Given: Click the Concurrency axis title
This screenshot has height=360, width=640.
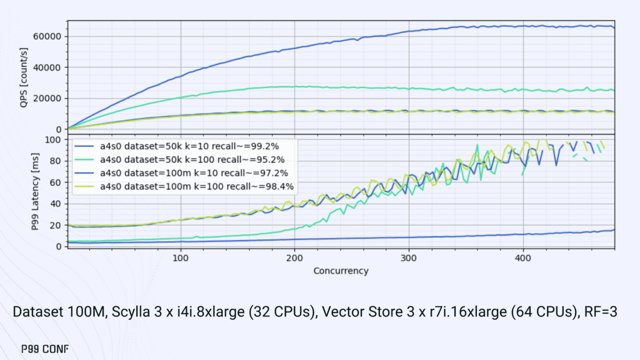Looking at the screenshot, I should (x=341, y=270).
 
